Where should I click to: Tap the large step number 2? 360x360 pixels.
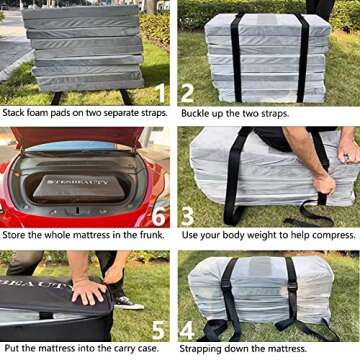pos(187,93)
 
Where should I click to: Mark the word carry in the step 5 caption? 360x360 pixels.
pos(116,349)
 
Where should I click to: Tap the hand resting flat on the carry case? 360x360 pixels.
pos(87,291)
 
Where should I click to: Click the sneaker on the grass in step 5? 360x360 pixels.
pos(128,301)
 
